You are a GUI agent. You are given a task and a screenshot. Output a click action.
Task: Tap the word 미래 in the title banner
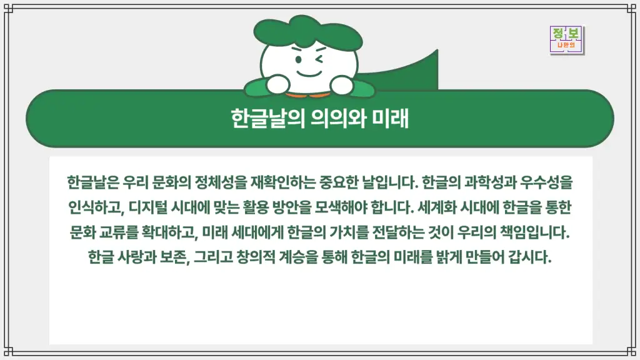[391, 118]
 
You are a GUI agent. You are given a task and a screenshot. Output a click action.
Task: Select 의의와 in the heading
[338, 118]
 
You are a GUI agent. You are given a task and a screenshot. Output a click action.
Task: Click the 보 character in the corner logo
[574, 34]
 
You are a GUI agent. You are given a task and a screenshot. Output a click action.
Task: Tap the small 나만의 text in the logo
[566, 46]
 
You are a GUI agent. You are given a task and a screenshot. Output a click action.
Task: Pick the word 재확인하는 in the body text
[282, 184]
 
